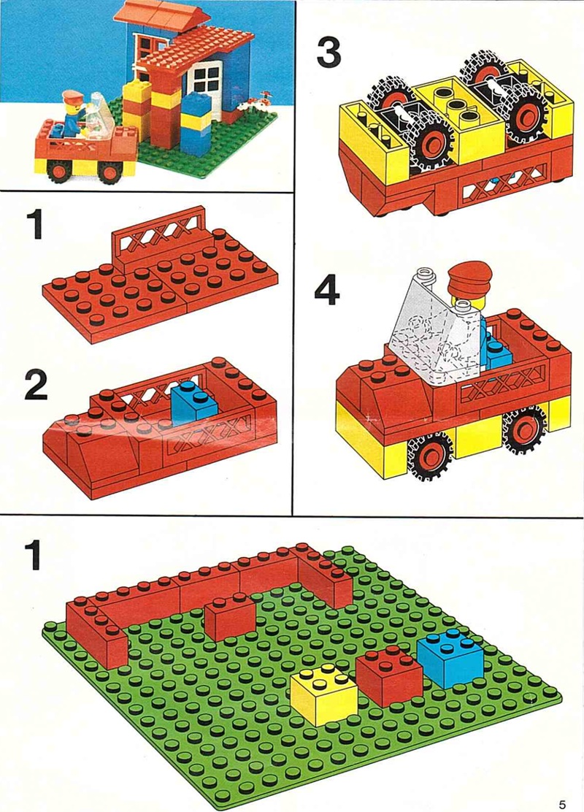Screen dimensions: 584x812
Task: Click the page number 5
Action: [562, 804]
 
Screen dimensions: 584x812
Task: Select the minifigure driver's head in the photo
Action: [72, 106]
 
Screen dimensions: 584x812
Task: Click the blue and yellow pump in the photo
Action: [196, 124]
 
